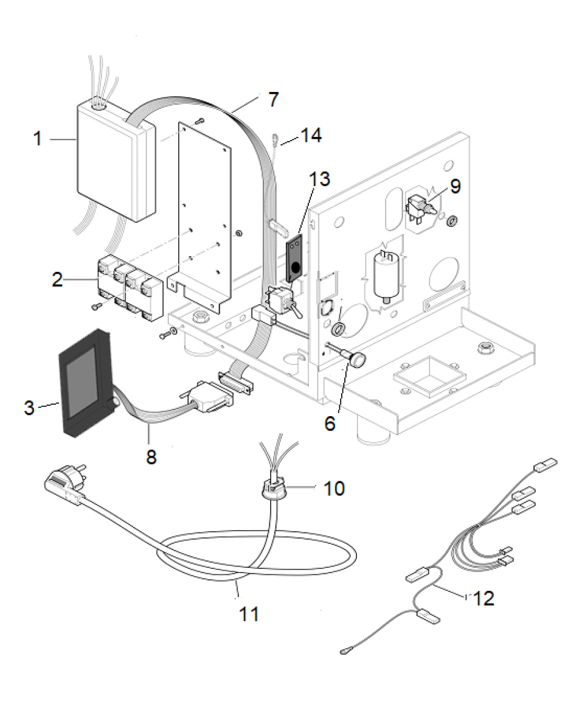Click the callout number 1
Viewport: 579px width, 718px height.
coord(38,139)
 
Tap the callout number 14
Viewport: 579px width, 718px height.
coord(311,135)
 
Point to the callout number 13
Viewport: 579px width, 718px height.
coord(319,179)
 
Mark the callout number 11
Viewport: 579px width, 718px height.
coord(249,614)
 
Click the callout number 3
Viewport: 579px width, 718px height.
coord(29,407)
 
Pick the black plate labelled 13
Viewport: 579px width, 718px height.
coord(296,259)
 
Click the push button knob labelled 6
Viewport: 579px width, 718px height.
coord(358,360)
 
